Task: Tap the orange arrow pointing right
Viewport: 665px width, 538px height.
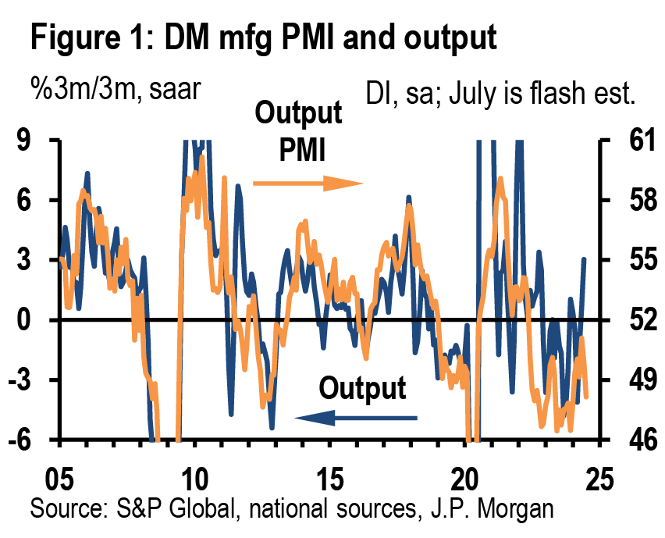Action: click(x=309, y=184)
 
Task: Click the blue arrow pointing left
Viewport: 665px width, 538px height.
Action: click(x=355, y=419)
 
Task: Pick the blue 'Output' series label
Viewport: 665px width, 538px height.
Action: click(x=363, y=388)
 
